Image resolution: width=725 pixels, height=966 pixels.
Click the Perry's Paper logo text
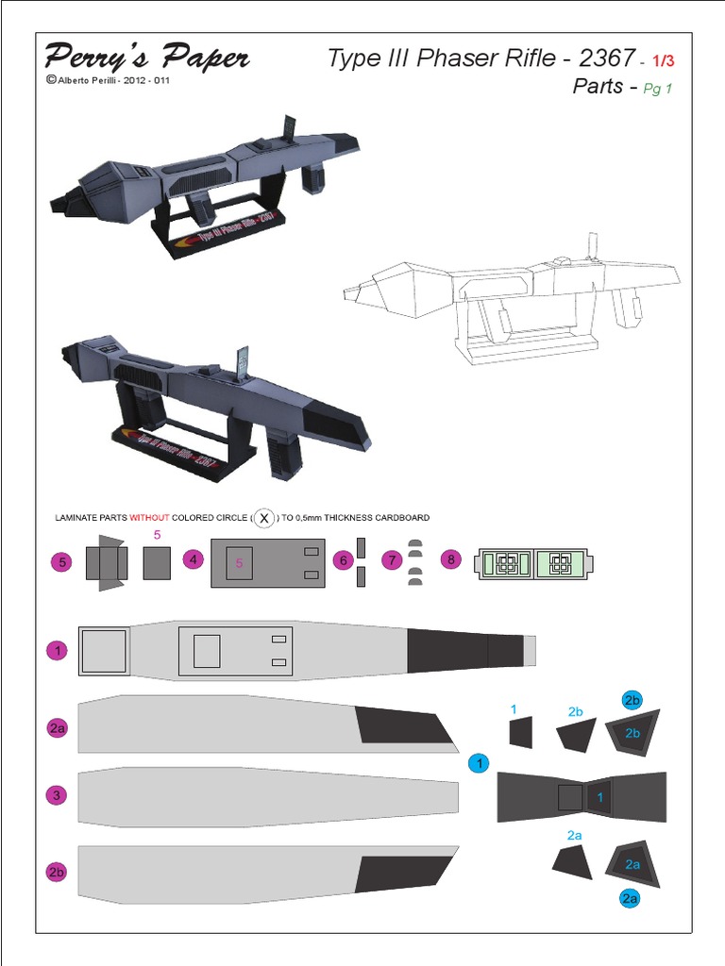click(146, 57)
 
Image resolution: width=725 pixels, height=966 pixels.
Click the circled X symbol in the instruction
click(265, 518)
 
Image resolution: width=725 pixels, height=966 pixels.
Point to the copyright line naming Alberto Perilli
click(108, 80)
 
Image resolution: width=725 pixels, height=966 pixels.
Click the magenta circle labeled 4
click(194, 559)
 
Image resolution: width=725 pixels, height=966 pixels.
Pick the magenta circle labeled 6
click(344, 560)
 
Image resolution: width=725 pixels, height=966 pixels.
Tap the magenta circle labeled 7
click(392, 560)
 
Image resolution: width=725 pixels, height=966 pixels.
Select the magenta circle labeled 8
click(451, 559)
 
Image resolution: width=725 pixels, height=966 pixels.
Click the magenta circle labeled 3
click(58, 795)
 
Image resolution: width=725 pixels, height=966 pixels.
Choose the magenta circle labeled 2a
click(58, 727)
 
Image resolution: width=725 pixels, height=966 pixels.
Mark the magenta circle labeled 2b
click(58, 872)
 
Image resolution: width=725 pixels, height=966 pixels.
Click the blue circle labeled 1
click(479, 763)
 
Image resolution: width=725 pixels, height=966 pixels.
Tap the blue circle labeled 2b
click(632, 699)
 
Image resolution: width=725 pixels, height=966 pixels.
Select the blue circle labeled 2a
click(630, 898)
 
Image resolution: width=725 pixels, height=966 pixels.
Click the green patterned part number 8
click(535, 564)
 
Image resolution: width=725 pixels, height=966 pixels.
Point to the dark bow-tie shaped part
click(581, 797)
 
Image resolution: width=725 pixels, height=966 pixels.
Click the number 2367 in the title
click(606, 58)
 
